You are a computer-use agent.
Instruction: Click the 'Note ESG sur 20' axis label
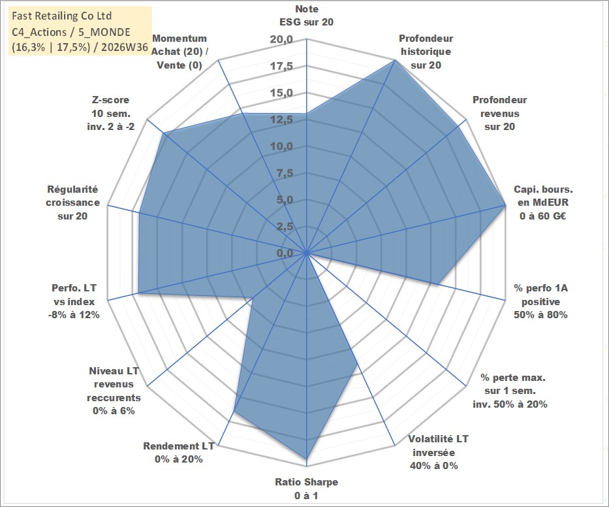tap(306, 15)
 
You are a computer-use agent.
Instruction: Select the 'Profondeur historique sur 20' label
tap(426, 52)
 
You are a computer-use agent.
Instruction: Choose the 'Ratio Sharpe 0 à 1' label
tap(306, 489)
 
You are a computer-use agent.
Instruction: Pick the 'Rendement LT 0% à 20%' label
tap(179, 452)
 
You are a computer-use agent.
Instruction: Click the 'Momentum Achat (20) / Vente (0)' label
tap(180, 52)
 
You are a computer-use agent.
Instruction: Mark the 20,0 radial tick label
tap(281, 40)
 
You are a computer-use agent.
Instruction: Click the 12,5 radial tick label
tap(281, 120)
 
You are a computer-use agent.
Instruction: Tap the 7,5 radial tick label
tap(285, 173)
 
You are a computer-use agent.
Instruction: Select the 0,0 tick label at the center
tap(285, 253)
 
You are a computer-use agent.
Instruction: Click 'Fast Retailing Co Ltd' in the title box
tap(62, 16)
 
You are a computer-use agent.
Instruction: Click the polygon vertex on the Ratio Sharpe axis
tap(306, 458)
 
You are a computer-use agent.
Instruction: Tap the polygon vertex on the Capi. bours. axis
tap(505, 205)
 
